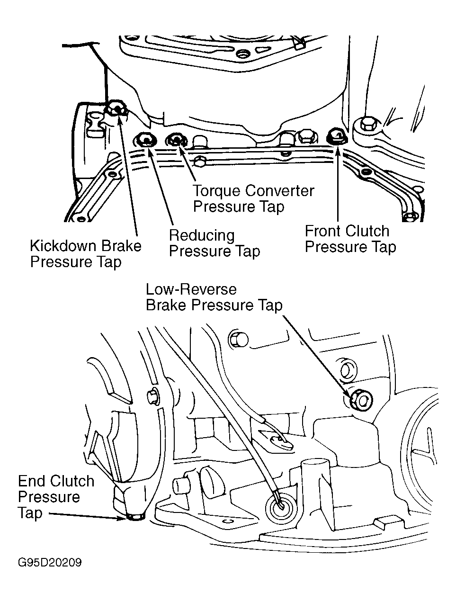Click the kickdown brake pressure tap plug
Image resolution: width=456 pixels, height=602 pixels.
(x=116, y=109)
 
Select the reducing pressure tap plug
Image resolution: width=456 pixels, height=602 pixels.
(x=145, y=140)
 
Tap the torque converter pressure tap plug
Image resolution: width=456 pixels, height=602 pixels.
(x=177, y=140)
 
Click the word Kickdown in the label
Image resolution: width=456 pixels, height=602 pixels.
(x=62, y=246)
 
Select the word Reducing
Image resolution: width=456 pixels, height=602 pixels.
(x=202, y=235)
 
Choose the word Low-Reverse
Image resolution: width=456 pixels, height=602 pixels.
(x=191, y=289)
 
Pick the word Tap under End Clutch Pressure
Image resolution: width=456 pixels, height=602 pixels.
(x=30, y=513)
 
